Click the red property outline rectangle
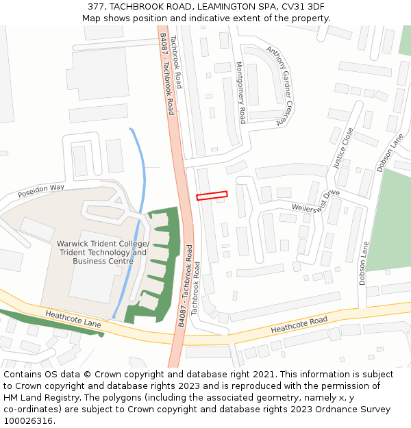click(212, 196)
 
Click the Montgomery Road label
click(241, 92)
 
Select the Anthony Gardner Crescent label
click(280, 86)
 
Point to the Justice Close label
click(343, 148)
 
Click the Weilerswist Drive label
click(316, 201)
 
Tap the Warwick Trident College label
click(102, 244)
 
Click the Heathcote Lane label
click(73, 323)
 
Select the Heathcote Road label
click(299, 325)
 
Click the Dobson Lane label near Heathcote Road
click(363, 264)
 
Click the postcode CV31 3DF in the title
click(302, 6)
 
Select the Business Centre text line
click(103, 261)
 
